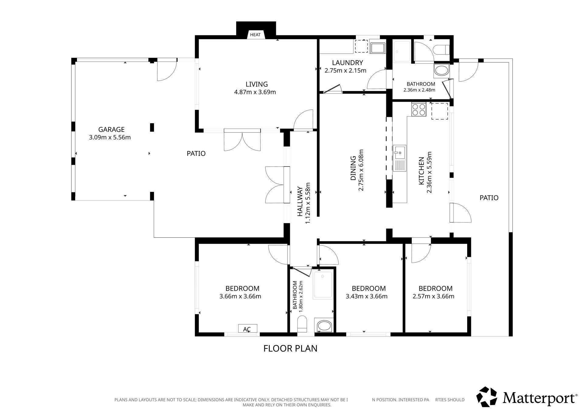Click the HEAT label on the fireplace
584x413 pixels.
pyautogui.click(x=255, y=35)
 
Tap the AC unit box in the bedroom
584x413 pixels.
pyautogui.click(x=248, y=328)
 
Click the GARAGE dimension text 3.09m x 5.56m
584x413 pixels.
pyautogui.click(x=110, y=137)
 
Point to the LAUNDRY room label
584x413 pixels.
pyautogui.click(x=347, y=63)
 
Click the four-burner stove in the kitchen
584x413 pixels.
pyautogui.click(x=418, y=109)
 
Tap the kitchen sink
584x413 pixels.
pyautogui.click(x=399, y=158)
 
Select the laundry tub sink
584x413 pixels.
pyautogui.click(x=377, y=48)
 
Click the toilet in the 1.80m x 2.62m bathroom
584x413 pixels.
pyautogui.click(x=302, y=324)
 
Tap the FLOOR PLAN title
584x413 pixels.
pyautogui.click(x=290, y=348)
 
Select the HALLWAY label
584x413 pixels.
pyautogui.click(x=300, y=201)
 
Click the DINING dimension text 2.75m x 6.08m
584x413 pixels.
pyautogui.click(x=361, y=170)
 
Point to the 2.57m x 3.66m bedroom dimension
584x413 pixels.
pyautogui.click(x=433, y=296)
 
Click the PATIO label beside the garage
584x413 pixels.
pyautogui.click(x=196, y=154)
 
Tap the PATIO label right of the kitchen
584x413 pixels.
pyautogui.click(x=489, y=198)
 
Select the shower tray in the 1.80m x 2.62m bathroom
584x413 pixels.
pyautogui.click(x=323, y=285)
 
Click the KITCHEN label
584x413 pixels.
pyautogui.click(x=422, y=171)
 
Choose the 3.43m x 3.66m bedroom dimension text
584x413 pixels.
pyautogui.click(x=367, y=296)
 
